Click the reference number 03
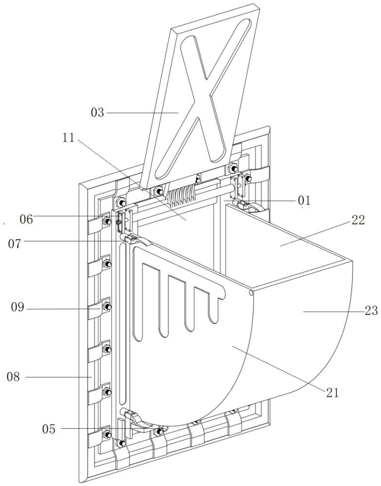coord(98,113)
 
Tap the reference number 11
coord(69,138)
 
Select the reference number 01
coord(304,200)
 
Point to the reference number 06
coord(26,219)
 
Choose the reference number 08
coord(14,376)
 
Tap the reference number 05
coord(49,429)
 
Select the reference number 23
coord(371,311)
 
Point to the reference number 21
coord(332,393)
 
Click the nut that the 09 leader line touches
coord(107,307)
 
